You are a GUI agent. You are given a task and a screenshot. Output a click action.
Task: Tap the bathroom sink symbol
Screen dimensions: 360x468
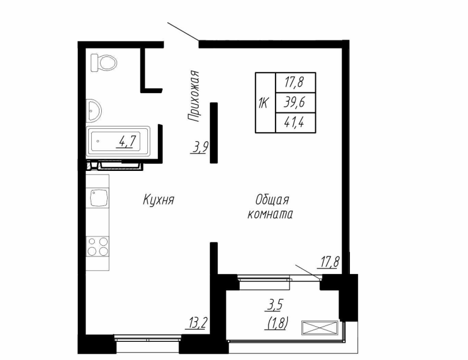(x=93, y=109)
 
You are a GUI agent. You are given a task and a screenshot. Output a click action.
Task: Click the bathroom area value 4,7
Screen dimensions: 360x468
(x=128, y=141)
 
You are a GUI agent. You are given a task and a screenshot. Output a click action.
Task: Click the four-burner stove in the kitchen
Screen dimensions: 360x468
(x=98, y=245)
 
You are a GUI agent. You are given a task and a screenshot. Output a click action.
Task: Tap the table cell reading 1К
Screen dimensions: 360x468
(x=264, y=103)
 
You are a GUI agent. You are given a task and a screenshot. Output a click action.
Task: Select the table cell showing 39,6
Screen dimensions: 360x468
(x=295, y=102)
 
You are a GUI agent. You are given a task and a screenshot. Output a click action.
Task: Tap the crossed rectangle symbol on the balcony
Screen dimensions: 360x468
(x=319, y=328)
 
